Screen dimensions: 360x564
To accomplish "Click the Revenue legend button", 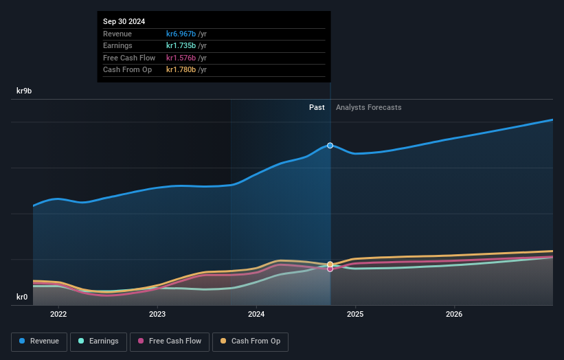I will pos(39,341).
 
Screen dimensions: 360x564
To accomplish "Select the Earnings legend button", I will pos(98,341).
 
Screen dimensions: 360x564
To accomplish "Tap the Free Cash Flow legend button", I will pos(170,341).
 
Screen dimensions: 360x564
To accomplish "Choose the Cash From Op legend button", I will pos(249,341).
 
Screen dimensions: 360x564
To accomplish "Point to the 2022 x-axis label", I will pos(58,315).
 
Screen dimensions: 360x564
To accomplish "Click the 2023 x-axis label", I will pos(157,315).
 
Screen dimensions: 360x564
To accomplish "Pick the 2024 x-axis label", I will pos(256,315).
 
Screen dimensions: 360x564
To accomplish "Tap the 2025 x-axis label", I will pos(355,315).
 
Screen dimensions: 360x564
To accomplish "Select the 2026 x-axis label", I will pos(454,315).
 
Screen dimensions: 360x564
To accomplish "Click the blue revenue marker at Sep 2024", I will pos(330,146).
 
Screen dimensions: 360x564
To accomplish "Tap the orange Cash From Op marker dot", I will pos(330,264).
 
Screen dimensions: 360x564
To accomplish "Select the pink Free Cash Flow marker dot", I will pos(330,269).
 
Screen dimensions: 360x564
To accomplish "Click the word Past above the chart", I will pos(317,108).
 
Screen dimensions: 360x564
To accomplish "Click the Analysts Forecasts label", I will pos(369,108).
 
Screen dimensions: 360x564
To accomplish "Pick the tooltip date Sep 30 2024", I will pos(124,22).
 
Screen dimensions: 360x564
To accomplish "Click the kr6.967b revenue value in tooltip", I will pos(181,34).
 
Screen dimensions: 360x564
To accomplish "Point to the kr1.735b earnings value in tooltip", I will pos(181,46).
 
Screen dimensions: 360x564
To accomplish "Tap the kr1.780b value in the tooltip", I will pos(181,70).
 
